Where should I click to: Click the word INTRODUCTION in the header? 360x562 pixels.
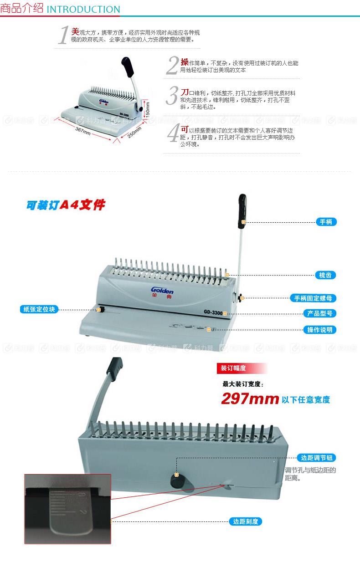coord(83,10)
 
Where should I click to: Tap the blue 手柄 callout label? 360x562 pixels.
coord(326,222)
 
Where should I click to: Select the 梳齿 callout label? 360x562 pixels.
coord(326,275)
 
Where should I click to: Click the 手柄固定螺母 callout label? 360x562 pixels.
coord(314,298)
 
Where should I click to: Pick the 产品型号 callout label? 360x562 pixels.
coord(320,313)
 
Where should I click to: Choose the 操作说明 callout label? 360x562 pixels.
coord(320,330)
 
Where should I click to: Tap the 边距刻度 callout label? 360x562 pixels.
coord(245,521)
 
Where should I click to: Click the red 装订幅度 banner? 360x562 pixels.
coord(233,368)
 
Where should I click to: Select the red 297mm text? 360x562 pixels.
coord(250,399)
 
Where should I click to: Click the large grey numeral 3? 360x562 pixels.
coord(171,96)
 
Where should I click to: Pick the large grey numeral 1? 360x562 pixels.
coord(63,35)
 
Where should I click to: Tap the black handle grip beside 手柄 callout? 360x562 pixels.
coord(242,212)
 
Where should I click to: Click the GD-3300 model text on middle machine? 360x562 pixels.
coord(213,312)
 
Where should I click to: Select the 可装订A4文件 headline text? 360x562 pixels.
coord(66,205)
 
